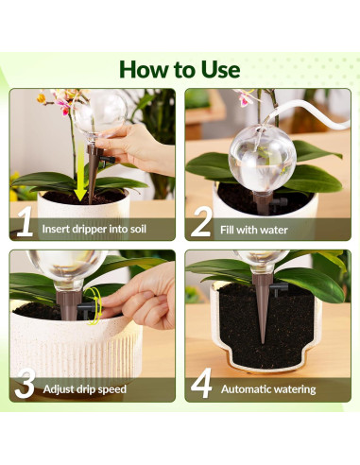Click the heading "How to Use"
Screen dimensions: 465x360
pyautogui.click(x=180, y=69)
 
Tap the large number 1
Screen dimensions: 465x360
pyautogui.click(x=26, y=225)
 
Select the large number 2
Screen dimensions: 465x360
pyautogui.click(x=200, y=225)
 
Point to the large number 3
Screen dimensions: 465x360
pyautogui.click(x=26, y=385)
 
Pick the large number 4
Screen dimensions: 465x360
pyautogui.click(x=201, y=385)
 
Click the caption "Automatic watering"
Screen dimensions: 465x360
pyautogui.click(x=269, y=388)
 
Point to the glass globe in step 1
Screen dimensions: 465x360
pyautogui.click(x=99, y=113)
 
